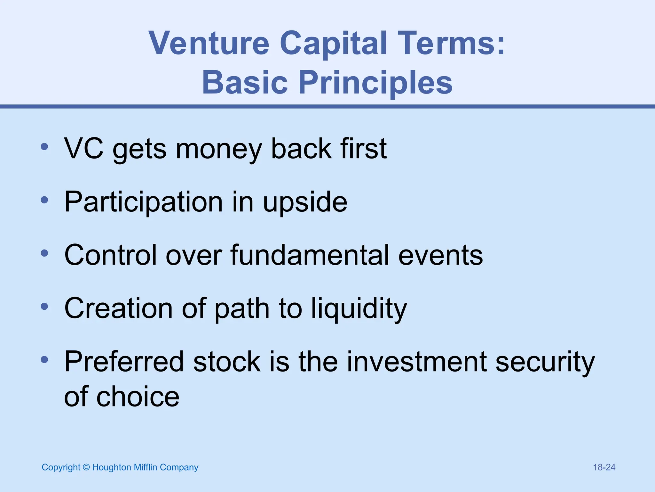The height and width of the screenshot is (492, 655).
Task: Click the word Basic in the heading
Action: click(x=245, y=83)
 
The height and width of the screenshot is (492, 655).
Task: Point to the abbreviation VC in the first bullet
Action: click(x=84, y=148)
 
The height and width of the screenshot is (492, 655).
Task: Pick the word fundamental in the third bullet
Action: click(x=310, y=255)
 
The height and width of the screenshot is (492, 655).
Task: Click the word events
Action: click(x=440, y=256)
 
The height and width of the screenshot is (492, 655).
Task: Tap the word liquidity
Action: click(x=359, y=309)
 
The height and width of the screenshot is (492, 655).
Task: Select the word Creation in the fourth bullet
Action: click(x=118, y=308)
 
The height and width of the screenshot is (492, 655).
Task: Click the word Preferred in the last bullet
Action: click(x=124, y=362)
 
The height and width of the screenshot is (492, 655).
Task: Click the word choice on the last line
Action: click(x=138, y=397)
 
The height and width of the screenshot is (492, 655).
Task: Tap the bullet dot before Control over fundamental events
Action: click(x=44, y=253)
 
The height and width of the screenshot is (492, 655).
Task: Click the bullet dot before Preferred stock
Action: click(x=44, y=359)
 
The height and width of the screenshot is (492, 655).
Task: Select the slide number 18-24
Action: click(x=604, y=467)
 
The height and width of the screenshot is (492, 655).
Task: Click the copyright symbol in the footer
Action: click(x=86, y=467)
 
